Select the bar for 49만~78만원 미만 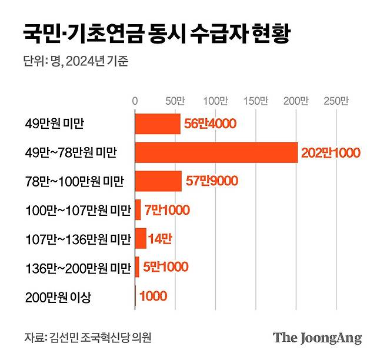click(x=216, y=152)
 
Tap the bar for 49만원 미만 click(x=158, y=124)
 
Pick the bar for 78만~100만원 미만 click(x=158, y=181)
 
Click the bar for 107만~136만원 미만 click(x=141, y=238)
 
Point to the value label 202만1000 click(x=330, y=153)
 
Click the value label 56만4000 click(x=210, y=124)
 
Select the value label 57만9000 click(x=211, y=181)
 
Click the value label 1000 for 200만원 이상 click(x=153, y=296)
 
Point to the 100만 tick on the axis click(x=216, y=101)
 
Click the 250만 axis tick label click(x=336, y=101)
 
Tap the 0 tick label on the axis click(x=135, y=101)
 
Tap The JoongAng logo click(x=317, y=338)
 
